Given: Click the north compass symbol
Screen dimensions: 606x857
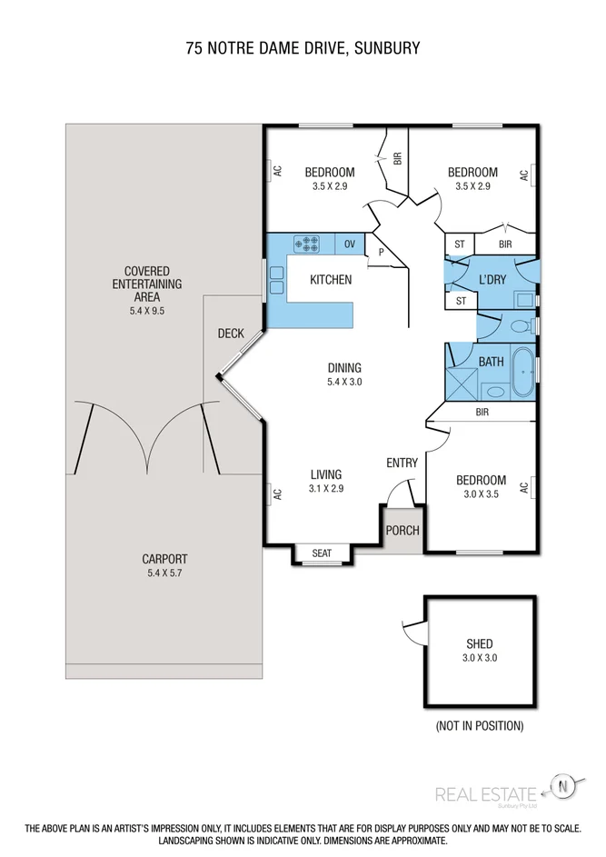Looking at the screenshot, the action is [x=563, y=787].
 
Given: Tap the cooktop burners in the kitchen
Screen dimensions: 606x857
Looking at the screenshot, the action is [x=306, y=244].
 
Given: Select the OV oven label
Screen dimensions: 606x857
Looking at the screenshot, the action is [x=350, y=244].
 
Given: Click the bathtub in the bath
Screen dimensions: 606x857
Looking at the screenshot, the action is [x=523, y=372].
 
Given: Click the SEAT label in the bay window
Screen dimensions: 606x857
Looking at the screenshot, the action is [x=322, y=553].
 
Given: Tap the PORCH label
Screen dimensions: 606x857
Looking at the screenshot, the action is [x=402, y=530].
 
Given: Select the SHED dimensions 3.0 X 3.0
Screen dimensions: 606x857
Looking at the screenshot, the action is [x=480, y=657].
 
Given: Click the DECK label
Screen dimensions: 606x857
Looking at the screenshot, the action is [x=231, y=334].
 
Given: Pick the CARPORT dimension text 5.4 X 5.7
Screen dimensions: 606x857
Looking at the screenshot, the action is [x=164, y=573].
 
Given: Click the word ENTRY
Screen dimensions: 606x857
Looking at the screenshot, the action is [x=402, y=463].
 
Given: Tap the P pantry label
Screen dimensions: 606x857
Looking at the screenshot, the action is [x=381, y=253].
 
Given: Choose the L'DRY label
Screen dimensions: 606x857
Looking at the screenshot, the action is [x=492, y=279].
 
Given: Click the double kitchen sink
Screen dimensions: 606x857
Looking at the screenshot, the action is [x=276, y=280].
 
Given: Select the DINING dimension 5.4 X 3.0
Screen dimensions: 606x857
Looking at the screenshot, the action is [x=344, y=382].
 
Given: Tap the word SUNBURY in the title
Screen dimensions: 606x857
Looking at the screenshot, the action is [x=387, y=48].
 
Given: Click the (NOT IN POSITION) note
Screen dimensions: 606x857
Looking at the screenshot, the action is [x=479, y=726].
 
